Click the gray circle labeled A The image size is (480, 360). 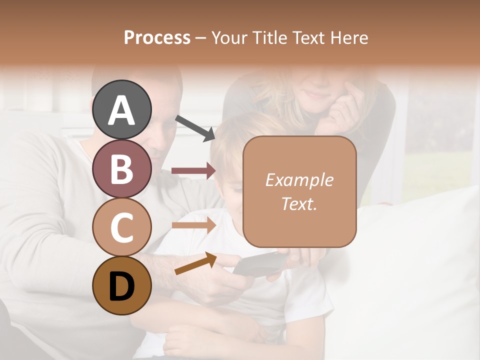121,109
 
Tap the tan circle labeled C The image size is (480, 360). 121,227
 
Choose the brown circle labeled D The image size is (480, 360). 121,285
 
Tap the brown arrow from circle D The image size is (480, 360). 195,264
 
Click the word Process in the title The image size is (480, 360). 157,37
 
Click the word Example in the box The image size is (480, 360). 299,180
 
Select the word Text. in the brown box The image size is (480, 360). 299,203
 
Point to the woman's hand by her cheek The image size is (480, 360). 345,107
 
